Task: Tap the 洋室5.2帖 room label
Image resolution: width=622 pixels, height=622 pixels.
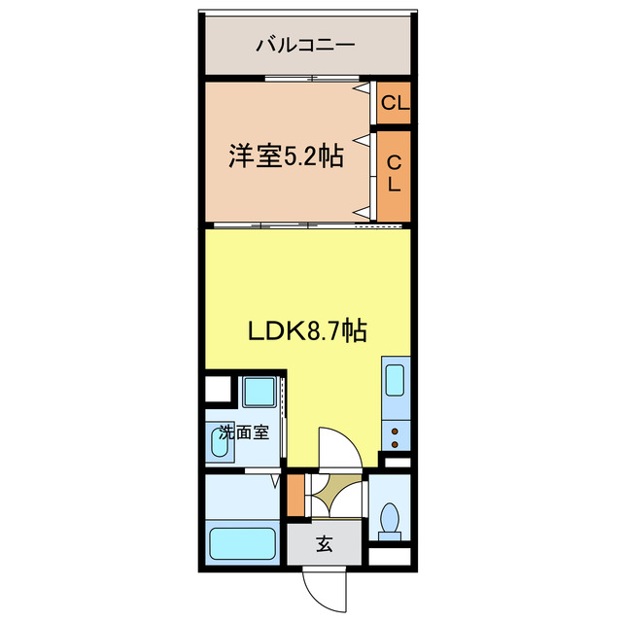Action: (286, 155)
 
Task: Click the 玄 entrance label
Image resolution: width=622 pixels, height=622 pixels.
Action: (324, 545)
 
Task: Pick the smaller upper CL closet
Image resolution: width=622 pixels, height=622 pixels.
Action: (394, 103)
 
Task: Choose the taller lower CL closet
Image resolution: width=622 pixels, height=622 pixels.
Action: (394, 174)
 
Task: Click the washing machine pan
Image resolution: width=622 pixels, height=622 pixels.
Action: (259, 393)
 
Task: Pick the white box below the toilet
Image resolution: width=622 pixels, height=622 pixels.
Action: (392, 558)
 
